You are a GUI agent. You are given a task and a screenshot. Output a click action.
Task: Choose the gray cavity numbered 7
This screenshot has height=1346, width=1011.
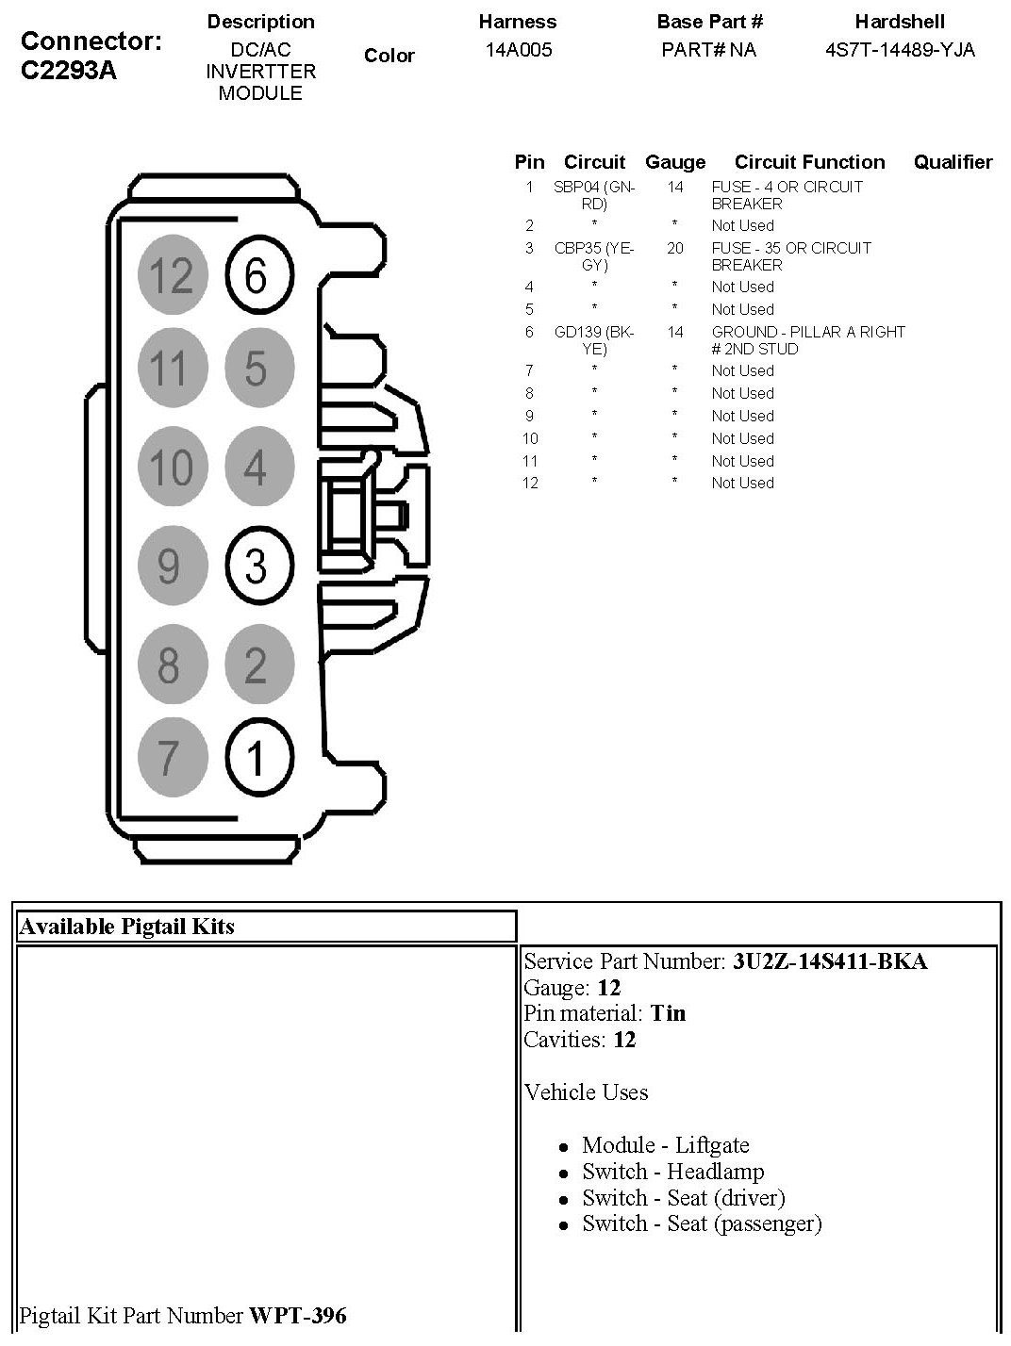point(170,757)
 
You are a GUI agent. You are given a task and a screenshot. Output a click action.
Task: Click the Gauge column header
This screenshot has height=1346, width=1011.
point(675,162)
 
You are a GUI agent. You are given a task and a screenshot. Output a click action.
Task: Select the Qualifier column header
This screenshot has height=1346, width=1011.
point(953,162)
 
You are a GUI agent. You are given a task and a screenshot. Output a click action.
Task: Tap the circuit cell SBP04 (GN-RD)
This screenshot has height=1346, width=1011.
point(594,195)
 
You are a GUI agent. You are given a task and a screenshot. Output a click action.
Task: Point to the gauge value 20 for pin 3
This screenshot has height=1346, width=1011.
point(675,248)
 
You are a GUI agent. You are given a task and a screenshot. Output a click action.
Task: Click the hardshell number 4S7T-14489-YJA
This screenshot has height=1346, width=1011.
point(900,50)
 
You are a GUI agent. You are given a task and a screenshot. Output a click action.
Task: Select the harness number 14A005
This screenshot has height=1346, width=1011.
point(518,50)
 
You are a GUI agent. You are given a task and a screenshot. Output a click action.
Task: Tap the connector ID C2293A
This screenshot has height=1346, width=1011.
point(68,71)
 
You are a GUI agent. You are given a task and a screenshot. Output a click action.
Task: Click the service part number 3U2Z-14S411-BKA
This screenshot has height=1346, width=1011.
point(830,961)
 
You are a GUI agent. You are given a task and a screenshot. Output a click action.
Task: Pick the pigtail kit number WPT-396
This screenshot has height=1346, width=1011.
point(297,1316)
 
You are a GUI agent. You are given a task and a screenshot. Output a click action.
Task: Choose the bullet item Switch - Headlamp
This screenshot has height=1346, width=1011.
point(672,1172)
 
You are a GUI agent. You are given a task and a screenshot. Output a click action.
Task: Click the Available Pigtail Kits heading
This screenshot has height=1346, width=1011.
point(126,927)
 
